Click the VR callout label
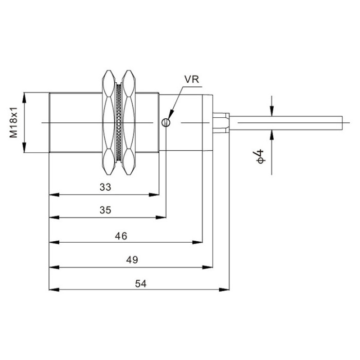(192, 79)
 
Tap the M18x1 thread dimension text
(13, 122)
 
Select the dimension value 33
(105, 187)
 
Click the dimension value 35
(105, 210)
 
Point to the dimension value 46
(121, 236)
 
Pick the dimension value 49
(132, 260)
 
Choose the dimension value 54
(141, 283)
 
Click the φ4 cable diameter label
(260, 156)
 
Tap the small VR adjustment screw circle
(166, 122)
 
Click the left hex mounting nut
(109, 122)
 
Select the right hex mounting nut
(129, 122)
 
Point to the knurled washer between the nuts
(118, 122)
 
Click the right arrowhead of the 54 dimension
(224, 290)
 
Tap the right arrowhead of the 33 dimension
(154, 195)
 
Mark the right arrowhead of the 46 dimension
(197, 242)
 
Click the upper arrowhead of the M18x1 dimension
(24, 97)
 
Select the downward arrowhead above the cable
(272, 111)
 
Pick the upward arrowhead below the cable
(272, 135)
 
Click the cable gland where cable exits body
(221, 123)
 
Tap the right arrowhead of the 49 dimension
(208, 267)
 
